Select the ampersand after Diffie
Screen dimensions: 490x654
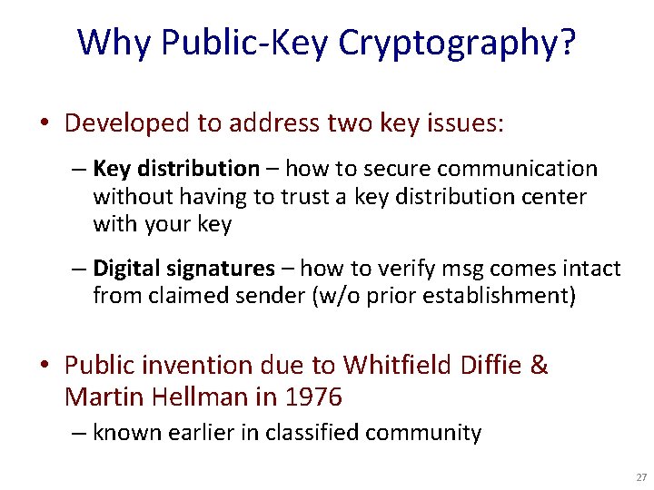[539, 365]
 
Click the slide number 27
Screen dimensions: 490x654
[641, 477]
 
